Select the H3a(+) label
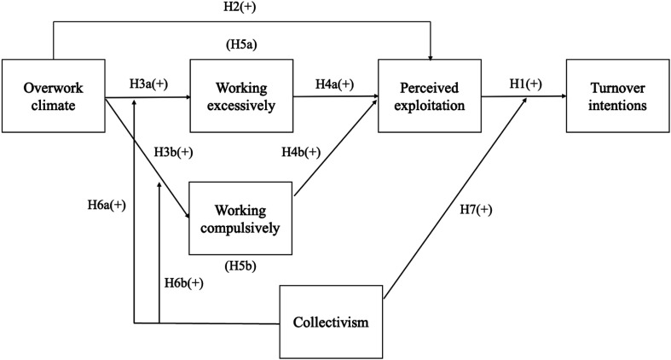(x=148, y=83)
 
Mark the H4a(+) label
(x=335, y=83)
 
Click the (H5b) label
(x=242, y=266)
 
